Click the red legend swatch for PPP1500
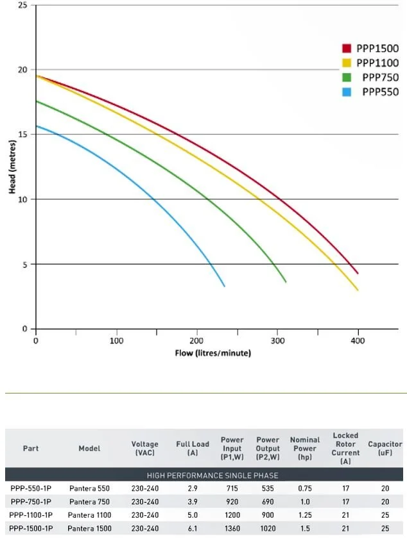pyautogui.click(x=346, y=49)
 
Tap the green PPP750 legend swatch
pyautogui.click(x=346, y=78)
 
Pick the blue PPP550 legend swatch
pyautogui.click(x=346, y=92)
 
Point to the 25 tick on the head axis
pyautogui.click(x=22, y=5)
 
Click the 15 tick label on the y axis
pyautogui.click(x=22, y=135)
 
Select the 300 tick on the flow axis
pyautogui.click(x=278, y=341)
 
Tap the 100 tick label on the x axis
pyautogui.click(x=117, y=341)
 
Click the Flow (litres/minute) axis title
pyautogui.click(x=212, y=353)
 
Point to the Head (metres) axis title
pyautogui.click(x=12, y=166)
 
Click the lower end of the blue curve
pyautogui.click(x=224, y=286)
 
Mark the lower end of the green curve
pyautogui.click(x=286, y=281)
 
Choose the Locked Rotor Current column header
pyautogui.click(x=345, y=448)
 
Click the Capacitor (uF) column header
pyautogui.click(x=385, y=448)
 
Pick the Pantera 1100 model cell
pyautogui.click(x=90, y=515)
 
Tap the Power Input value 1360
pyautogui.click(x=232, y=528)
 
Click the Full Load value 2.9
pyautogui.click(x=192, y=488)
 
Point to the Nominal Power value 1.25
pyautogui.click(x=304, y=515)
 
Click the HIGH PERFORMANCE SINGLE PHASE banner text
pyautogui.click(x=212, y=475)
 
